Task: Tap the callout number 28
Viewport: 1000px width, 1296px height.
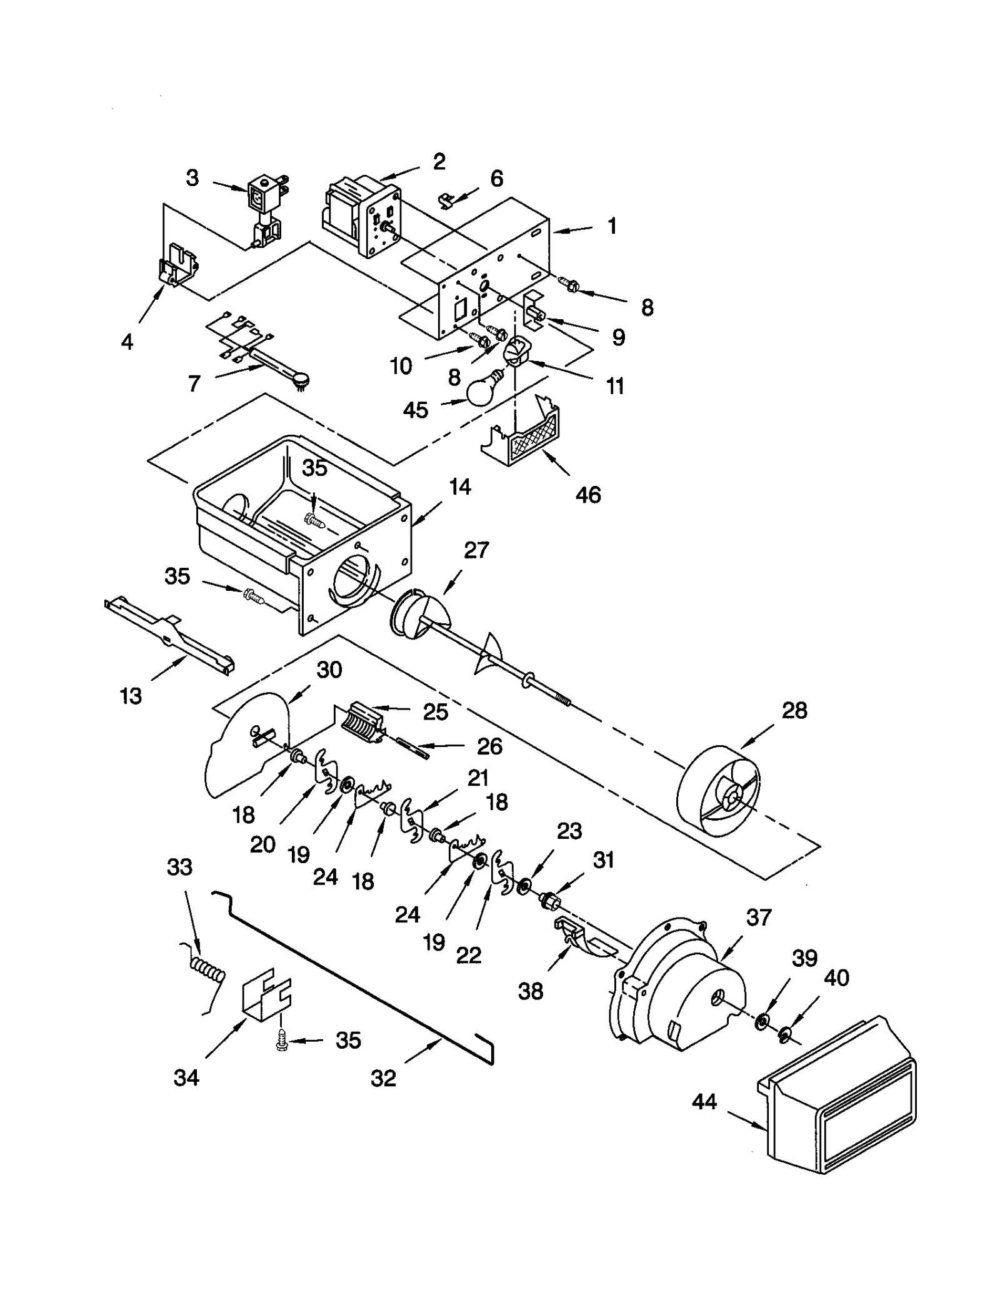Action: tap(794, 710)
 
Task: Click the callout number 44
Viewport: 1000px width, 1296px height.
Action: tap(704, 1101)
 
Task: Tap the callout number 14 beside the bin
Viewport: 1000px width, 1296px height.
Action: tap(460, 487)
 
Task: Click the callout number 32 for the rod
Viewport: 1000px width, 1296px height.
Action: tap(383, 1078)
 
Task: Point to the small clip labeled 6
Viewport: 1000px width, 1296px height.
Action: tap(445, 200)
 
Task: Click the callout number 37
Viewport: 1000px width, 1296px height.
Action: tap(759, 917)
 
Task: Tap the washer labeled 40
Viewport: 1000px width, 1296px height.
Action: tap(784, 1037)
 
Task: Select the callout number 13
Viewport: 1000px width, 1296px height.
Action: tap(131, 696)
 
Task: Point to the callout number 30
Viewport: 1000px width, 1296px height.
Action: tap(329, 670)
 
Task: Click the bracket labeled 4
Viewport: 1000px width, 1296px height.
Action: tap(177, 267)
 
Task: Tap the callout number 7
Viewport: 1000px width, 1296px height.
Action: tap(194, 383)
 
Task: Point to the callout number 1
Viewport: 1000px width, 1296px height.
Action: tap(612, 225)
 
